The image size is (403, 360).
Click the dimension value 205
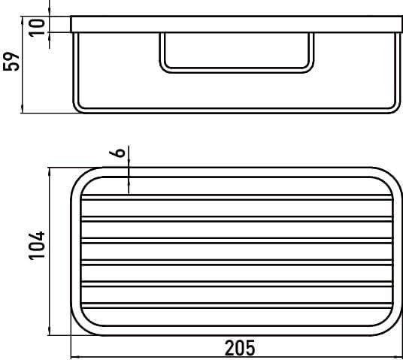click(x=240, y=348)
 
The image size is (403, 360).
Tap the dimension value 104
click(x=37, y=246)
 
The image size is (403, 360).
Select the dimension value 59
click(x=11, y=62)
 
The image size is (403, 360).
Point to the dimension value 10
click(x=37, y=28)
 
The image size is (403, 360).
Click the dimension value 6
click(x=117, y=152)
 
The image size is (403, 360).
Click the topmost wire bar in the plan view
click(x=237, y=198)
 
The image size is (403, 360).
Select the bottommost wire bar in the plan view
click(x=237, y=305)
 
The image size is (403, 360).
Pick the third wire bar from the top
click(x=237, y=241)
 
